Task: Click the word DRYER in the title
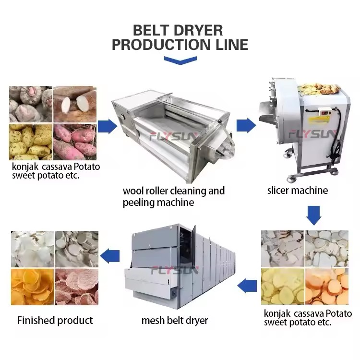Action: (198, 30)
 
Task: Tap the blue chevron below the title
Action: (180, 60)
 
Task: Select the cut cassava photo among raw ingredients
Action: (75, 104)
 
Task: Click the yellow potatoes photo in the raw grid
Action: (31, 142)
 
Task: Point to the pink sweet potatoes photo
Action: (75, 142)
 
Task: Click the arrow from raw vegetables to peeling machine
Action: (108, 126)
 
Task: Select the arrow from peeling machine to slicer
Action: (246, 125)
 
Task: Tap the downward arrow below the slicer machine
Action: (313, 215)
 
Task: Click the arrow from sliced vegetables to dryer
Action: (247, 286)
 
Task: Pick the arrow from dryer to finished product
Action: (110, 256)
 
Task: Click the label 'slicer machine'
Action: (297, 191)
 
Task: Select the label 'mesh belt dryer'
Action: (175, 320)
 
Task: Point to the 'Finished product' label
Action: (55, 320)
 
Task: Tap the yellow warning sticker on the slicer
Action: (319, 120)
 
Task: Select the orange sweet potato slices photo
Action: (327, 287)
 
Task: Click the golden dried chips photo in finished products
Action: (33, 287)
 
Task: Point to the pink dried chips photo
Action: (77, 287)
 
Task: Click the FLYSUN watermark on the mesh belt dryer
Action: (175, 270)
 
